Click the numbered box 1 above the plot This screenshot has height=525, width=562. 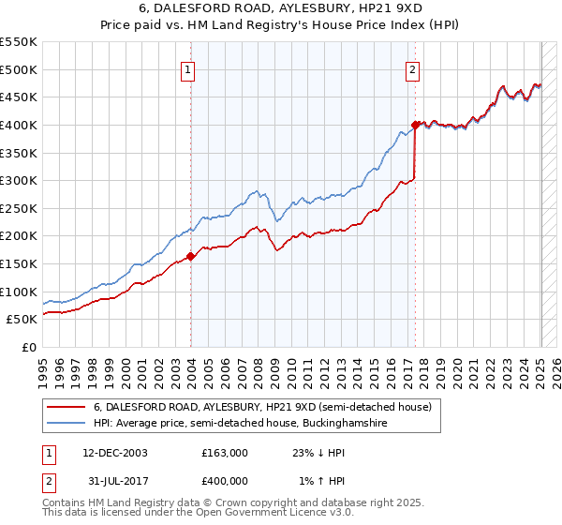point(188,68)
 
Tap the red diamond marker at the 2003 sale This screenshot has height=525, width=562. point(190,255)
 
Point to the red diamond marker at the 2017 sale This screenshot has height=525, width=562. point(415,124)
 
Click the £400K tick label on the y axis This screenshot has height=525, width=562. point(19,125)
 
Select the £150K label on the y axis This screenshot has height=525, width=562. point(19,264)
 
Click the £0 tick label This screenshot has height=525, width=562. point(28,348)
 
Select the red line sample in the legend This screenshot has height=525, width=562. point(66,408)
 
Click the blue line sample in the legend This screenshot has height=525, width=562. point(66,424)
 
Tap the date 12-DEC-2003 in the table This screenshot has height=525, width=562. point(109,452)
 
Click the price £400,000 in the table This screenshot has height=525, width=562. point(225,480)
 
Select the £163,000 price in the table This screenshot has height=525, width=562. point(225,452)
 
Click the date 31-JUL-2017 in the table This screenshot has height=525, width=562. point(109,480)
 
